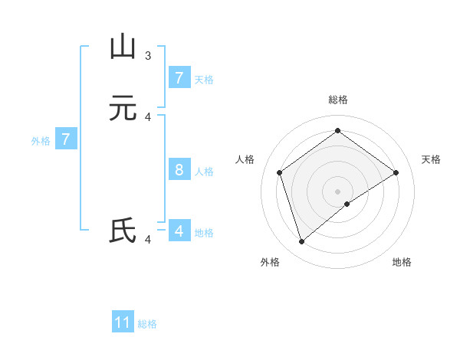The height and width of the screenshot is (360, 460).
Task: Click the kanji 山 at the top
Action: (123, 47)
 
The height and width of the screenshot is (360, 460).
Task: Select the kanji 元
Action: (123, 109)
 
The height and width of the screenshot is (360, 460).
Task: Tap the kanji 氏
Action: (123, 231)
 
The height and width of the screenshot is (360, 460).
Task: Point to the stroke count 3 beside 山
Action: (148, 55)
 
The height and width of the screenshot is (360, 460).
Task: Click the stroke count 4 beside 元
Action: (148, 116)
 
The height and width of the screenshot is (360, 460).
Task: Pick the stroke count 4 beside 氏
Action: (148, 240)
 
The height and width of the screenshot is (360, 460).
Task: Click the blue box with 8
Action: (179, 169)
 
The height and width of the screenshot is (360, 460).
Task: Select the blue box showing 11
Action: (123, 322)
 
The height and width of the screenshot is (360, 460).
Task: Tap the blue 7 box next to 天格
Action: (179, 77)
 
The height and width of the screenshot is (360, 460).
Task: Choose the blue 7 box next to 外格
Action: (66, 139)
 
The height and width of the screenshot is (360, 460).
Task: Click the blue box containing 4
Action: (179, 231)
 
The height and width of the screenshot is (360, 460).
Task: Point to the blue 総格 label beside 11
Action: (147, 324)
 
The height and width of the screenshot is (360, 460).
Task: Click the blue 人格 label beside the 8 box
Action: (204, 171)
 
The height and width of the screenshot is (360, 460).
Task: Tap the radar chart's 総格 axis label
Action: (337, 100)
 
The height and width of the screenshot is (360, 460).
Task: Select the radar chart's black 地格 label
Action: (402, 262)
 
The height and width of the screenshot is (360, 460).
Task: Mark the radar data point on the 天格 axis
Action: (396, 172)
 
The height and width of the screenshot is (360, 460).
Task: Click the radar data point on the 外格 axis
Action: (301, 242)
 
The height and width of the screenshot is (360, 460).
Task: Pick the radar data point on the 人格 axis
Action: (279, 172)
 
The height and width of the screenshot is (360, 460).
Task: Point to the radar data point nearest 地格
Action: (347, 204)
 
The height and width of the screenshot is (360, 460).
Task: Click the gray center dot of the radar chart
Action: (337, 191)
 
